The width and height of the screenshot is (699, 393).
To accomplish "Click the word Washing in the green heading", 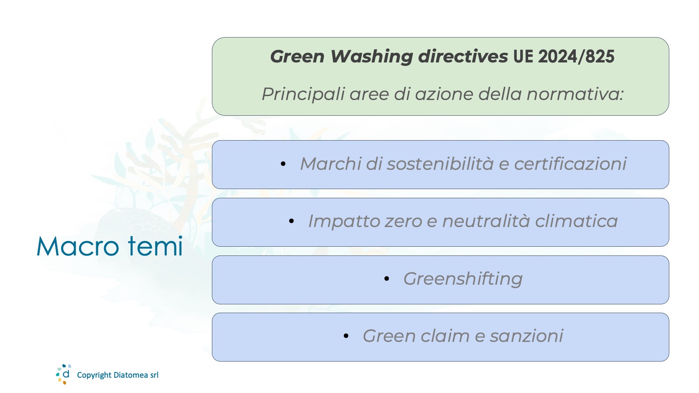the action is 372,57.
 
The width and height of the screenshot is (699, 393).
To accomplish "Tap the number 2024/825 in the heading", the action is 576,57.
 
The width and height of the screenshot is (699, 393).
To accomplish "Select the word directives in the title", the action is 463,56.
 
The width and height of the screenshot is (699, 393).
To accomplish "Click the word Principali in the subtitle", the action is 303,94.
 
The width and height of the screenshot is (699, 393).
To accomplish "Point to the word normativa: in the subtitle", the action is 575,94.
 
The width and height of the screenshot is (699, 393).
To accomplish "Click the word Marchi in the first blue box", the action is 330,163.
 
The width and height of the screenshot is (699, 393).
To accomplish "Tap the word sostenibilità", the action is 440,163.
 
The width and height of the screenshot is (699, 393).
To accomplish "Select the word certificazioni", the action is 570,163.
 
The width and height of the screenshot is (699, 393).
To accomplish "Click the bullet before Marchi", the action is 283,164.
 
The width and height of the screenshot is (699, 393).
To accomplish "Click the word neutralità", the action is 486,221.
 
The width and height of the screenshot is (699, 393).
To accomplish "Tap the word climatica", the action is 576,221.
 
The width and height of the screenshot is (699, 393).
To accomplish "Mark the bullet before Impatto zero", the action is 291,221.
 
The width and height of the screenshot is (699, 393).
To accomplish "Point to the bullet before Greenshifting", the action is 387,279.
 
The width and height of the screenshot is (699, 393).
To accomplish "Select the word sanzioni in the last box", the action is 526,336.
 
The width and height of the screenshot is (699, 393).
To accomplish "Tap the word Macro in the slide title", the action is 78,247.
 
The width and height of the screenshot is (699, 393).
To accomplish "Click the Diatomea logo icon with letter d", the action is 64,374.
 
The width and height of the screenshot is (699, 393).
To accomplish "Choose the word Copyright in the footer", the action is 94,375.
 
